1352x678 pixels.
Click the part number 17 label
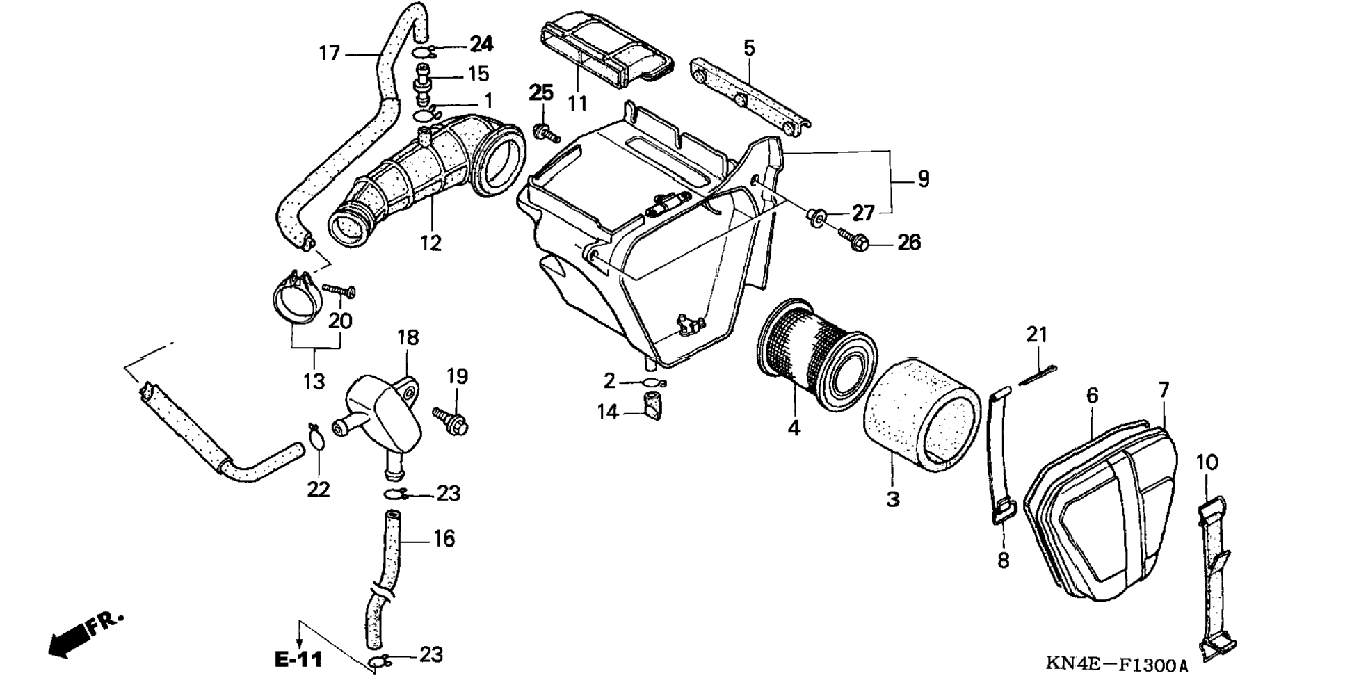coord(329,53)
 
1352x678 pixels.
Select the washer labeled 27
coord(816,216)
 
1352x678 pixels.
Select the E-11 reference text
coord(298,659)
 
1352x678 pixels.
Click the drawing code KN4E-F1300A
coord(1116,665)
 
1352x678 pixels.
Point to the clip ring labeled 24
coord(423,52)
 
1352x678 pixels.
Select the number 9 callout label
coord(923,179)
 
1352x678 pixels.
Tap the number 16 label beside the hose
coord(444,538)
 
